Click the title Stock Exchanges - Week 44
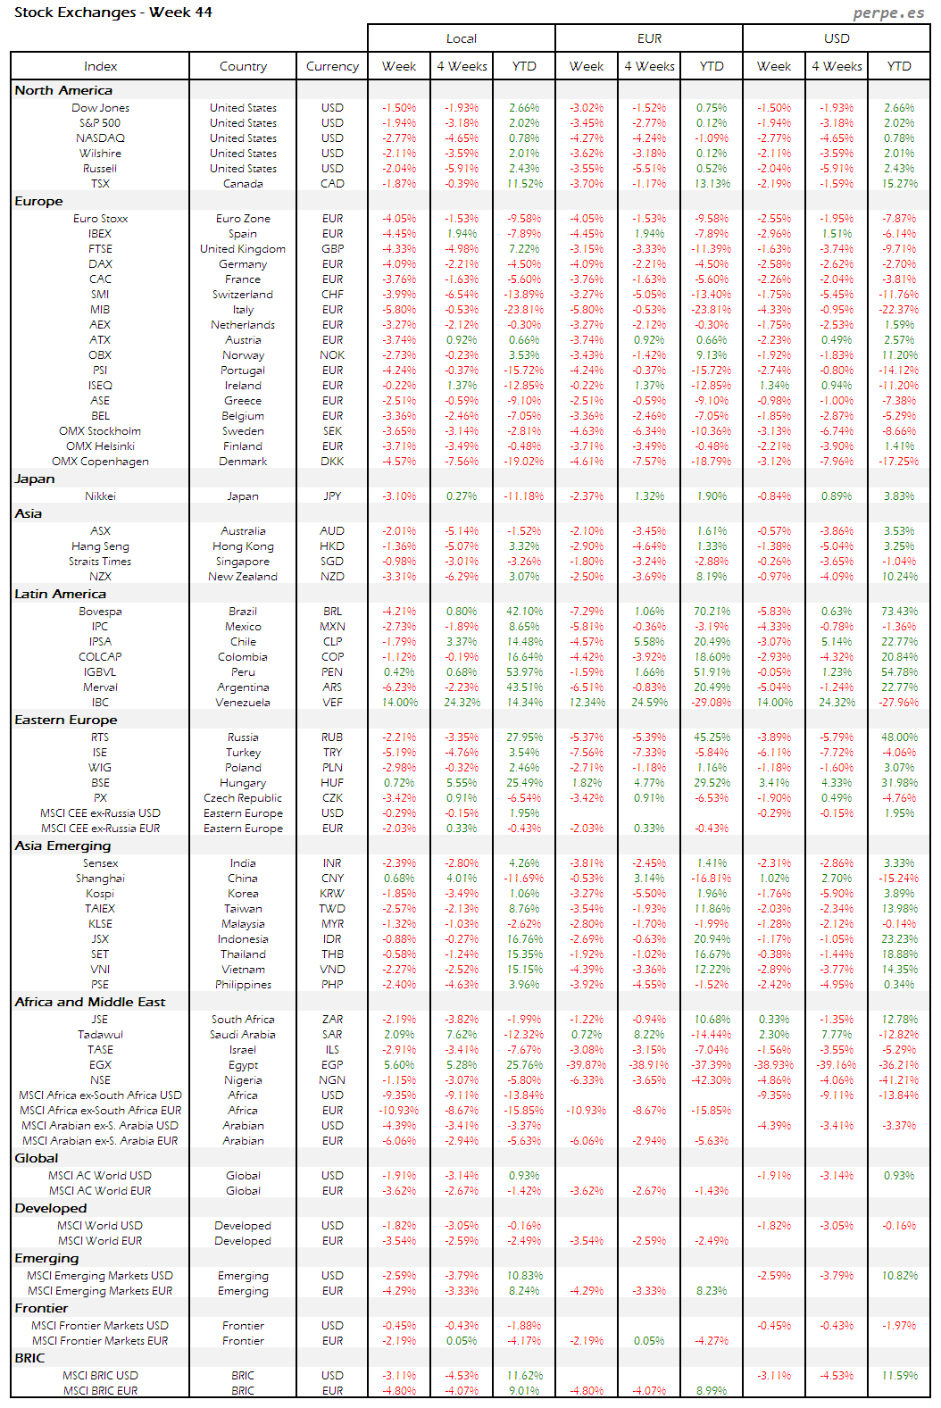[113, 12]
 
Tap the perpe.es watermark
[887, 12]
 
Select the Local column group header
[461, 38]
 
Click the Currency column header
[332, 66]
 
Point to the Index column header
[100, 66]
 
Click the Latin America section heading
[60, 594]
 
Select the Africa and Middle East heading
[89, 1002]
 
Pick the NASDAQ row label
[100, 138]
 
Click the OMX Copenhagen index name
[100, 462]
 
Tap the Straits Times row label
[100, 562]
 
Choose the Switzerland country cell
[243, 295]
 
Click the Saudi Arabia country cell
[243, 1035]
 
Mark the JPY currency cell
[332, 496]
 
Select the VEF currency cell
[332, 703]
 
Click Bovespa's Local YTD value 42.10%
[524, 612]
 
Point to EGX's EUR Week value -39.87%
[587, 1065]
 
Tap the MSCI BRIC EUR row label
[100, 1391]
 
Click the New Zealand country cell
[243, 577]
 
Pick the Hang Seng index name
[100, 546]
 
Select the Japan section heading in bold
[35, 479]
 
